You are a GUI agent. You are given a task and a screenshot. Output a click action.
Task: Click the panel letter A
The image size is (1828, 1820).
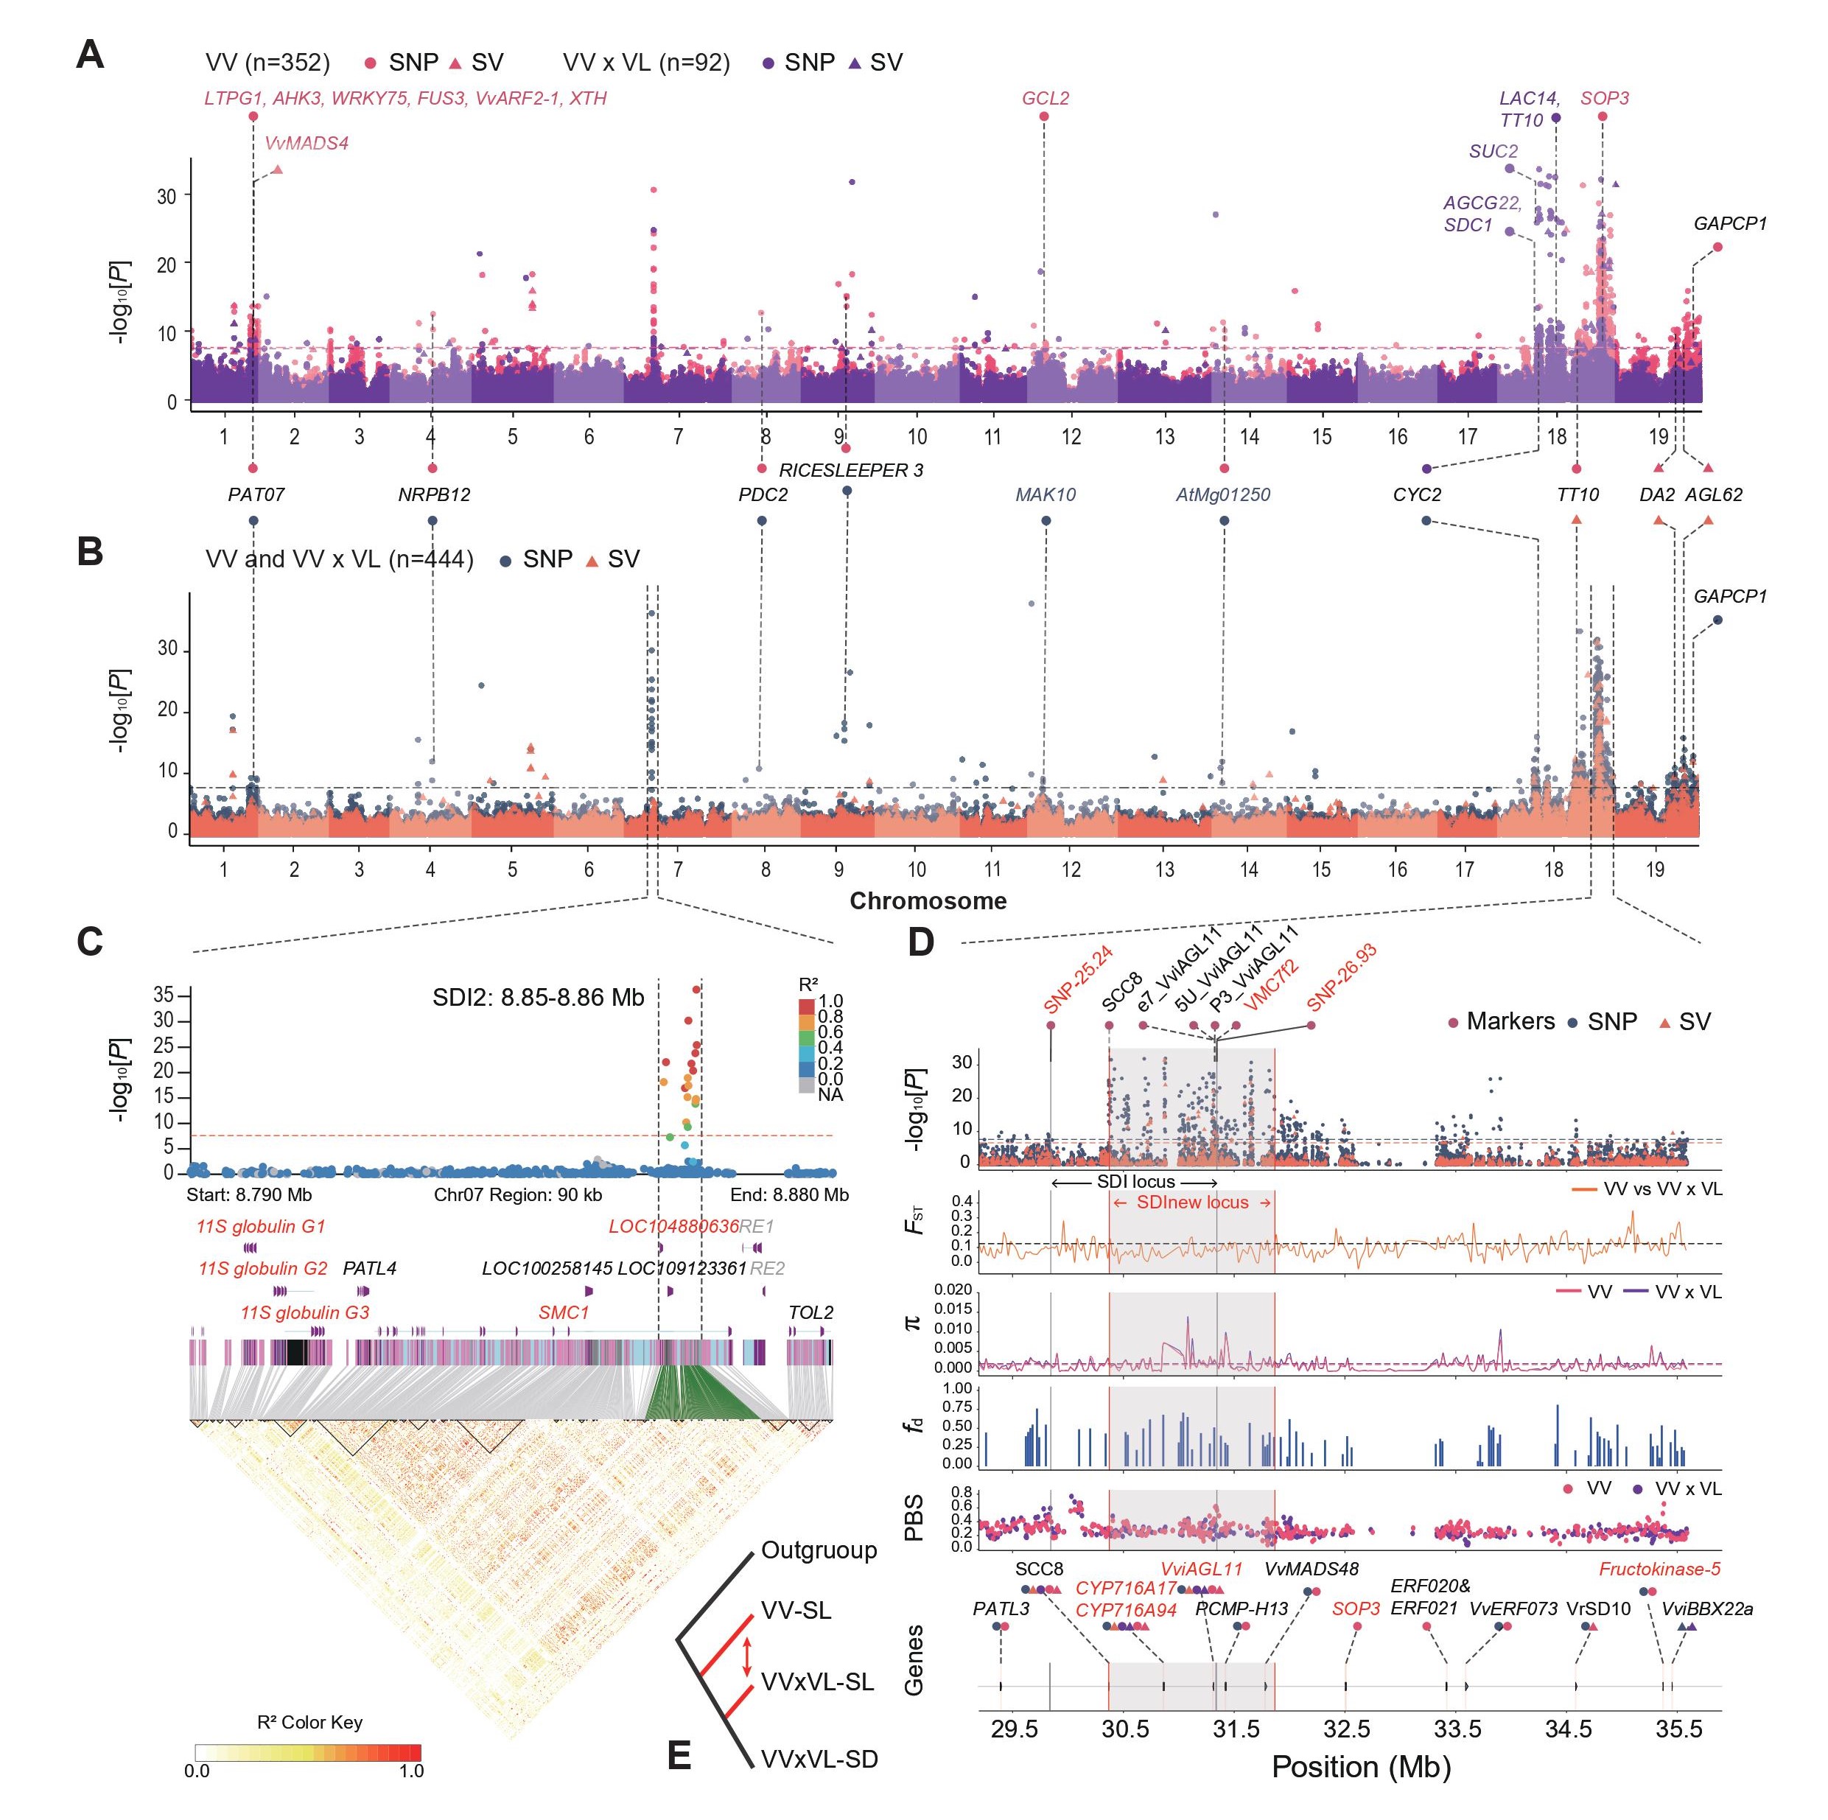pos(90,55)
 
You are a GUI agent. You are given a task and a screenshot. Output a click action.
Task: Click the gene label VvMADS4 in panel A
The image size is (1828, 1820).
pos(307,144)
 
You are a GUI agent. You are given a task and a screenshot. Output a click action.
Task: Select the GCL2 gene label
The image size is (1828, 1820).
pos(1045,99)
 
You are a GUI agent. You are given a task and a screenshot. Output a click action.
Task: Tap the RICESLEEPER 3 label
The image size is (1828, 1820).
pos(850,470)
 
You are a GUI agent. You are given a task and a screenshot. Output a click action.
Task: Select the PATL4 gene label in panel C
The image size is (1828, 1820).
pos(369,1268)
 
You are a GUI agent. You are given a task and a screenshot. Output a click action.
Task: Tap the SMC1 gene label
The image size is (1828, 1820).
pos(563,1313)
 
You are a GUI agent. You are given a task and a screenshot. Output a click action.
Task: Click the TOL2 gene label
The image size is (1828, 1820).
pos(811,1313)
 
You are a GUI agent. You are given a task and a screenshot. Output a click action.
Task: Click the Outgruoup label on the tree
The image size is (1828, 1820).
pos(819,1550)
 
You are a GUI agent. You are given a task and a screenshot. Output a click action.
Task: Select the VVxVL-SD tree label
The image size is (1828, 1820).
pos(819,1759)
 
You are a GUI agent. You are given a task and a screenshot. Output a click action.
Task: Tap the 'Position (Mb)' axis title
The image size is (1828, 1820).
pos(1361,1767)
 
